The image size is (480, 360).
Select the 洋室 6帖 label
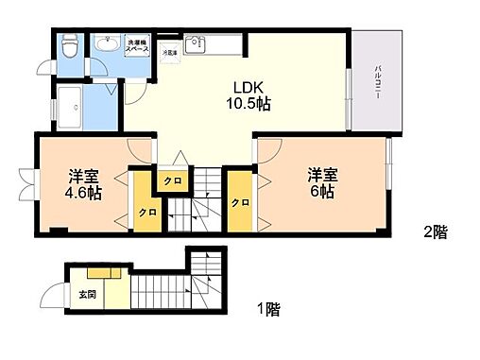[x=322, y=182]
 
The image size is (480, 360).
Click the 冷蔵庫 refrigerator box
[x=170, y=54]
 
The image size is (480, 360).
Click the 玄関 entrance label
[x=85, y=293]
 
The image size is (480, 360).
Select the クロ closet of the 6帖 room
[x=239, y=203]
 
